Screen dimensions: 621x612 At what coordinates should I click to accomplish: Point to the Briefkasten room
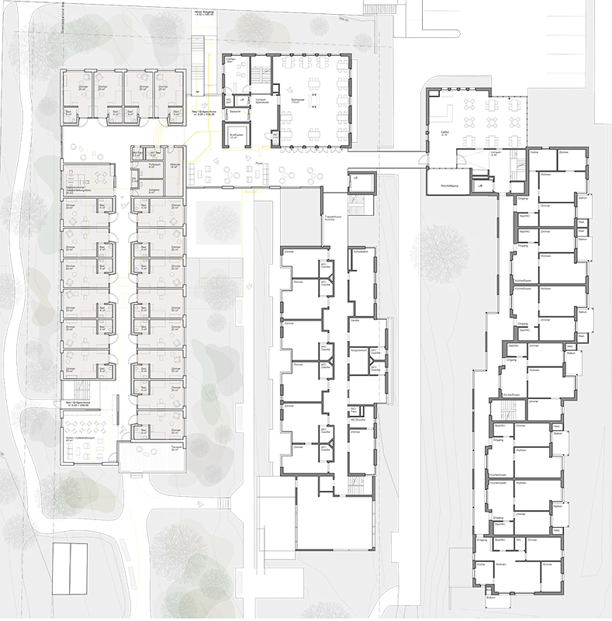tap(231, 134)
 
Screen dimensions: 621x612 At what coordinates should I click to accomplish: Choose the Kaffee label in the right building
tap(434, 133)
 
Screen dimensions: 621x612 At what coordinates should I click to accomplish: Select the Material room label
tap(175, 165)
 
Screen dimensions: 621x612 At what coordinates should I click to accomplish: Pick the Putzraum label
tap(154, 165)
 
